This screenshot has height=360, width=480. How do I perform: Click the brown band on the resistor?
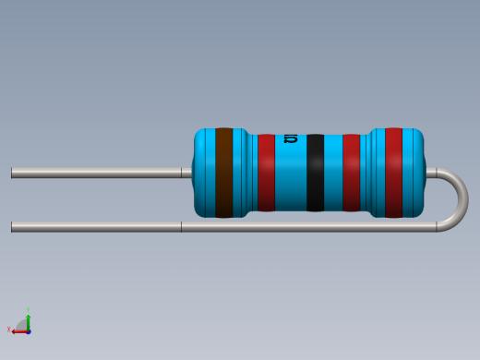point(223,173)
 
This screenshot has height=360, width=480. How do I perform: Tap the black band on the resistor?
point(316,173)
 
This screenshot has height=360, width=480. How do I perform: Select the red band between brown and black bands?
point(266,173)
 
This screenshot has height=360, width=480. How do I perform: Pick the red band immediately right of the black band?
point(351,173)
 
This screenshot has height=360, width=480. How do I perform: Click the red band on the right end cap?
point(393,173)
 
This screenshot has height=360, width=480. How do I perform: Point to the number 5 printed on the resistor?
point(291,139)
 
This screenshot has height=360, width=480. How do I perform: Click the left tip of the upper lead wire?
point(13,173)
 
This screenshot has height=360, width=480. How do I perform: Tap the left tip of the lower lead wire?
point(13,226)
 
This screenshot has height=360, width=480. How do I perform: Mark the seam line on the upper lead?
point(181,173)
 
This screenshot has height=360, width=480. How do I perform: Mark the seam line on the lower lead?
point(181,226)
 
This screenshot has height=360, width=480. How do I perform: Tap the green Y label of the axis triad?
point(29,310)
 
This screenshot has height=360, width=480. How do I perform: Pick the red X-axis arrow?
point(18,330)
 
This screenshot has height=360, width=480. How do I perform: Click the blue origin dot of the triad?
point(29,330)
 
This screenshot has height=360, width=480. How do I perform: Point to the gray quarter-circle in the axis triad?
point(22,323)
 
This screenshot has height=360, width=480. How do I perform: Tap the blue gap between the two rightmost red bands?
point(372,173)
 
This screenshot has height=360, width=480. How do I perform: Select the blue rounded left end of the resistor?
point(201,173)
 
